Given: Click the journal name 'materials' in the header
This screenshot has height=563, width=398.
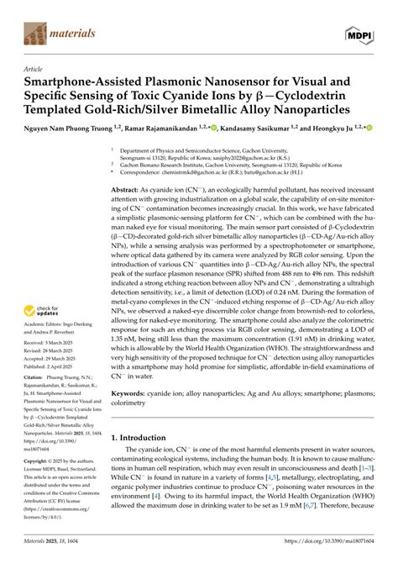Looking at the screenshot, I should pos(74,34).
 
